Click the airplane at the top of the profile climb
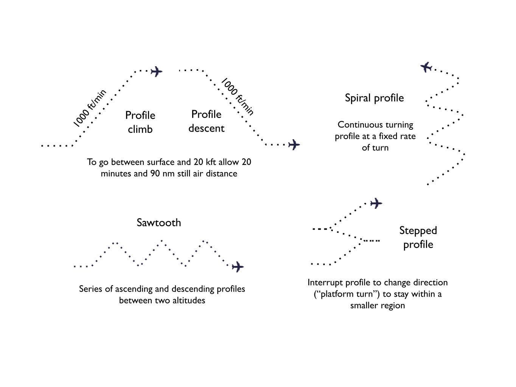157,71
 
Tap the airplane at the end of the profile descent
294,145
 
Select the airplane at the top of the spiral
426,67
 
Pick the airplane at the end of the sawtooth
238,267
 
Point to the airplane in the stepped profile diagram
376,204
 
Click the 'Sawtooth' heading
159,222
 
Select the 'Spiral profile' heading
374,98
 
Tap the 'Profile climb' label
140,122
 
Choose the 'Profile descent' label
206,121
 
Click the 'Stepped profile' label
418,237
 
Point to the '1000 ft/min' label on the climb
89,108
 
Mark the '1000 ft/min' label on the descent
237,96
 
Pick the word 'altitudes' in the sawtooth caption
188,300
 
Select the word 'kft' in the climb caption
210,162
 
